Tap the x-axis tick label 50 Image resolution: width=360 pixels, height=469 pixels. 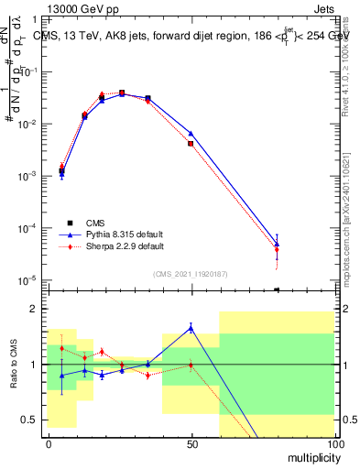point(191,444)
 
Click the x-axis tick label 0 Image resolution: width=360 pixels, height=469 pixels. point(49,444)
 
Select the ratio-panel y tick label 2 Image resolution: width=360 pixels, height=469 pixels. point(34,309)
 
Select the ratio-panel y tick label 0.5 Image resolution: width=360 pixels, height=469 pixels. point(29,420)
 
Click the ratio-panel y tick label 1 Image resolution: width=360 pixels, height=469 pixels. point(34,365)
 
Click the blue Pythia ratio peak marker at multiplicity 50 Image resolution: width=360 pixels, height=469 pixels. point(191,327)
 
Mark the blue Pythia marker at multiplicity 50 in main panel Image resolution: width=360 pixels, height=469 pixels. point(191,134)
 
